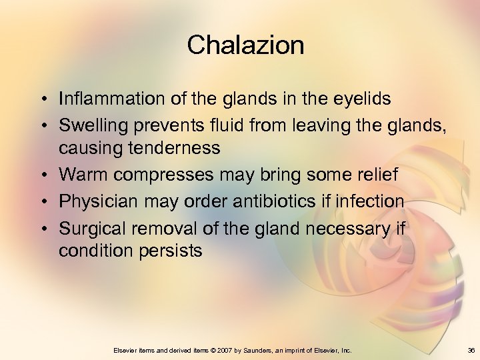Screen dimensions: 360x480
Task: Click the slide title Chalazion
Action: tap(245, 45)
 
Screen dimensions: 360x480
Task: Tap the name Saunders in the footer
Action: tap(262, 351)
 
